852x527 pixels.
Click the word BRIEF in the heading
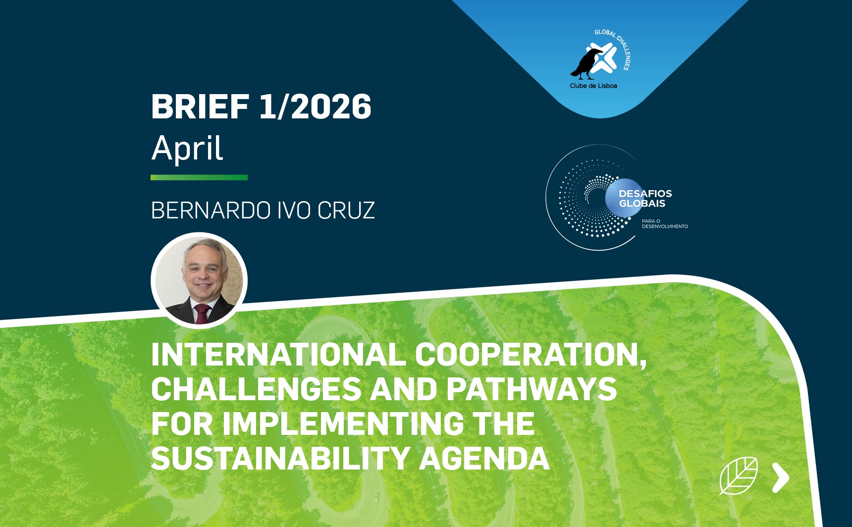pyautogui.click(x=200, y=106)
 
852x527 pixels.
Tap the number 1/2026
pyautogui.click(x=316, y=106)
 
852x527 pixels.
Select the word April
pyautogui.click(x=187, y=148)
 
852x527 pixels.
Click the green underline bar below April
pyautogui.click(x=199, y=177)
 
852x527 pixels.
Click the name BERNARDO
pyautogui.click(x=211, y=211)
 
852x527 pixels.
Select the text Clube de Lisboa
pyautogui.click(x=593, y=86)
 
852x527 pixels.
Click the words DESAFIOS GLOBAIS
pyautogui.click(x=645, y=199)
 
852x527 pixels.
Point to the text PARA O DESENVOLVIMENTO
pyautogui.click(x=665, y=224)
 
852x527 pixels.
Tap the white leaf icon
pyautogui.click(x=739, y=475)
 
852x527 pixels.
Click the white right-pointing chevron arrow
pyautogui.click(x=781, y=477)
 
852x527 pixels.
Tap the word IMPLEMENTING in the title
pyautogui.click(x=343, y=423)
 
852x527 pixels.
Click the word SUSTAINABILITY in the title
pyautogui.click(x=280, y=458)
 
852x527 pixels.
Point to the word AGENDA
pyautogui.click(x=484, y=458)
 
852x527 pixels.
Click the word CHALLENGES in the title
pyautogui.click(x=256, y=389)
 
